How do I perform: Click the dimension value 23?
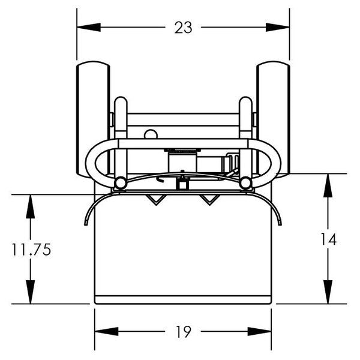(184, 28)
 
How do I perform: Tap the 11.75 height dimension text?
(31, 250)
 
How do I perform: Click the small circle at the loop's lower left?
(121, 182)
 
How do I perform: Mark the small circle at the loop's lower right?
(245, 182)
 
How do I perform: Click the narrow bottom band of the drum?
(184, 298)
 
